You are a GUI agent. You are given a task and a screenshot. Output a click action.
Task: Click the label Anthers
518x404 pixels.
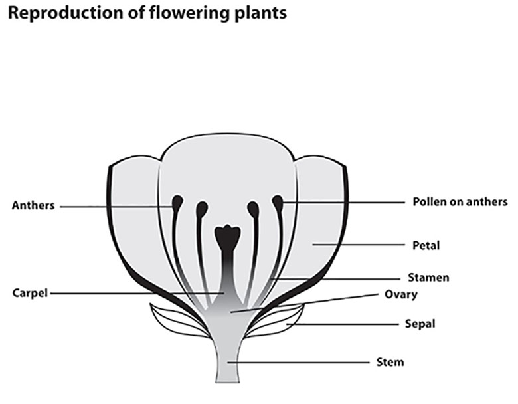pos(34,206)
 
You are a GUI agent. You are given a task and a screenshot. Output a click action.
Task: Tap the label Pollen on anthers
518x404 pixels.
pos(460,201)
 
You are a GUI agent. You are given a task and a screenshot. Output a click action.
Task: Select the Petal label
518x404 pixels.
pos(426,245)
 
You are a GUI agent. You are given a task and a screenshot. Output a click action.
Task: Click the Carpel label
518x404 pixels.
pos(31,292)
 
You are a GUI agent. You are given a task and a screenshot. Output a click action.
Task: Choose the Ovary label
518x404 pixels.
pos(400,294)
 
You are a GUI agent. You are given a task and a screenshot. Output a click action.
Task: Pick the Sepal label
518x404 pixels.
pos(420,324)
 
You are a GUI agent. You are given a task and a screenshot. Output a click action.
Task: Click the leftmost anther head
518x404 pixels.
pos(178,201)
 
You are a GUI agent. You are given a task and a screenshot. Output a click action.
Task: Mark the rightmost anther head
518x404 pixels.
pos(277,201)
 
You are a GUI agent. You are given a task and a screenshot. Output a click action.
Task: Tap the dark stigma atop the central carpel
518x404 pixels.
pos(228,236)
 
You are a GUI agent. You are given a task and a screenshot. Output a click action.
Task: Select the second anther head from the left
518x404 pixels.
pos(201,209)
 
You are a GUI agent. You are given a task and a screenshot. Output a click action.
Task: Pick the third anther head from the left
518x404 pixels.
pos(253,209)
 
